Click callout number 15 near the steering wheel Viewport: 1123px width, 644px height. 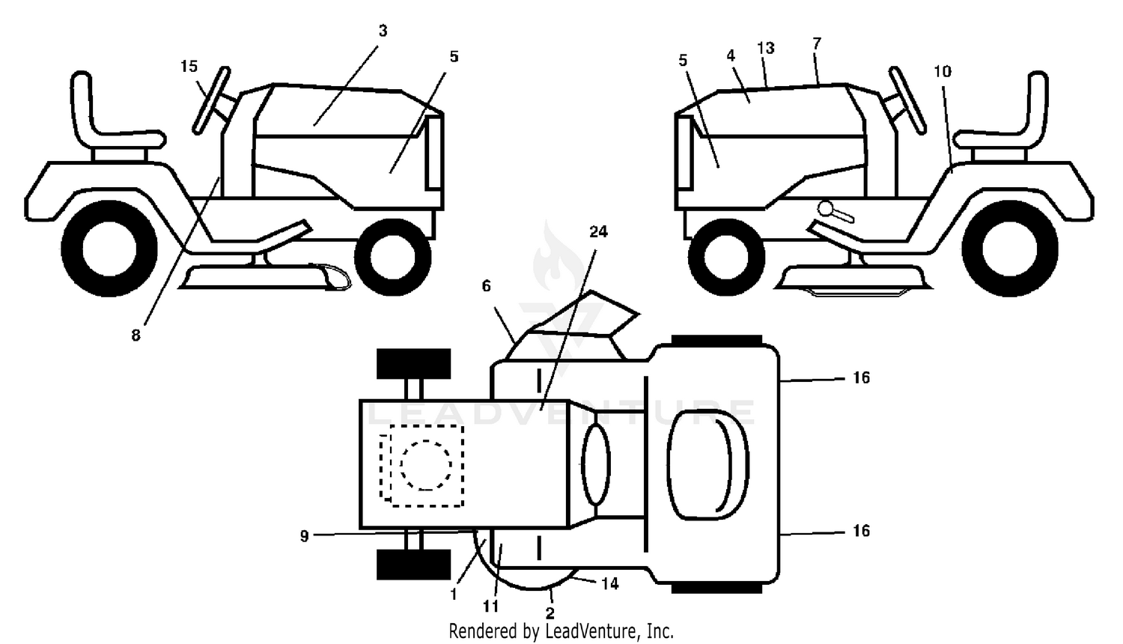coord(189,67)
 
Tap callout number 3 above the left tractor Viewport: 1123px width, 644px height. coord(383,31)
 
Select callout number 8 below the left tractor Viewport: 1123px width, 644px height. coord(136,335)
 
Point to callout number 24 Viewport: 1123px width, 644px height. coord(598,231)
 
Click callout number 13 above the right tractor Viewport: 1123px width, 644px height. coord(766,48)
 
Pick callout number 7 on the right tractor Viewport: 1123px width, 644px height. coord(817,43)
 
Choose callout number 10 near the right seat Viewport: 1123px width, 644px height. coord(943,72)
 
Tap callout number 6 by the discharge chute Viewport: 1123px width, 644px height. coord(487,286)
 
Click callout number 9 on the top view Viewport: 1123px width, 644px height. coord(304,536)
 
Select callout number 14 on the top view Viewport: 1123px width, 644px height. coord(609,584)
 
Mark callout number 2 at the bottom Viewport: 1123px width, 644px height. coord(550,613)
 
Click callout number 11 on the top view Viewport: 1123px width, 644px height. coord(491,607)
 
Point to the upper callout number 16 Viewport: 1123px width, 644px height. coord(861,377)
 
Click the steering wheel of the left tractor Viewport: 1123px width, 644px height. coord(212,100)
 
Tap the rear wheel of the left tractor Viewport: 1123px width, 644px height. coord(109,249)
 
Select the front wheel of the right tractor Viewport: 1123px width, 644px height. coord(726,258)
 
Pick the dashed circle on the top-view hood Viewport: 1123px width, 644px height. coord(426,465)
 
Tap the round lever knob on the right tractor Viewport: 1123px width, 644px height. coord(826,208)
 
